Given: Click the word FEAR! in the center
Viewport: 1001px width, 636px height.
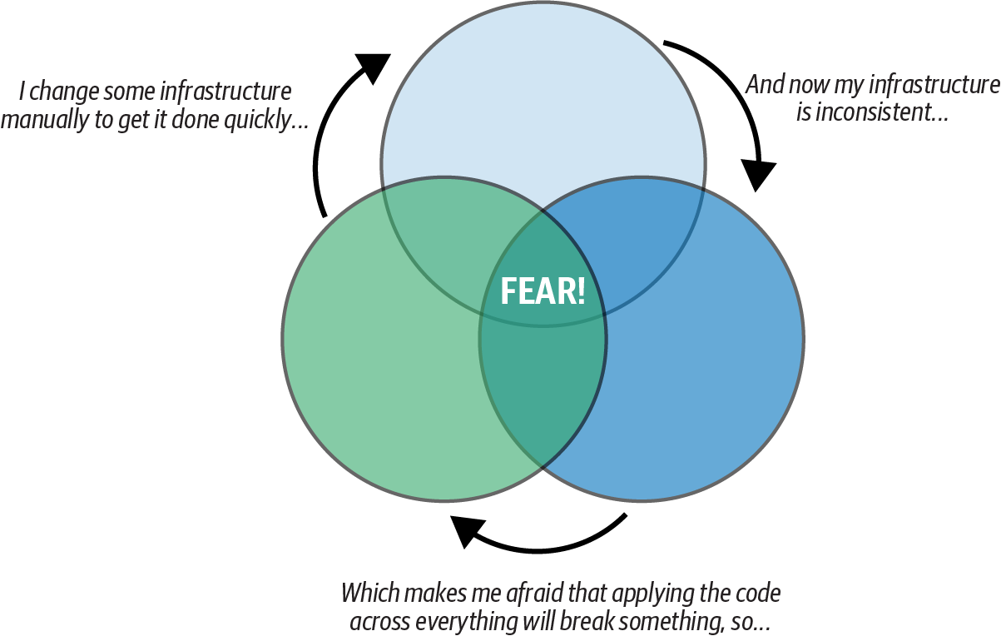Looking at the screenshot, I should pyautogui.click(x=543, y=291).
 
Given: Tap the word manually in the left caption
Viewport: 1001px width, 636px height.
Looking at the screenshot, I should pyautogui.click(x=41, y=120).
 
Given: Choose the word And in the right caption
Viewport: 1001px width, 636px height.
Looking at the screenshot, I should pyautogui.click(x=762, y=84).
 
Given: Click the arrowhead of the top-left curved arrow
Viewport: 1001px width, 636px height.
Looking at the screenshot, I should pyautogui.click(x=370, y=67).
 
